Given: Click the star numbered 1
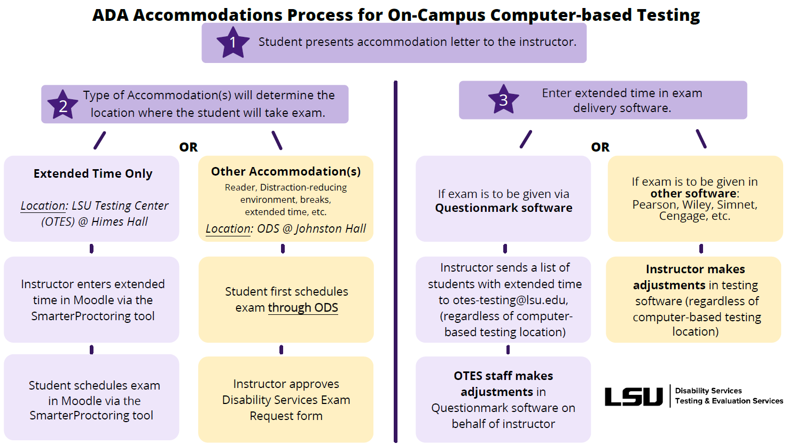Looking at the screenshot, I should (x=232, y=43).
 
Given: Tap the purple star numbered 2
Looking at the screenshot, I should (x=63, y=105).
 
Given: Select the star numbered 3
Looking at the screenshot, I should (x=503, y=99).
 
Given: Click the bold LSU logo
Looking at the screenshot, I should (x=633, y=397).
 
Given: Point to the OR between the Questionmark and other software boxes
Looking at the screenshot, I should (x=600, y=147).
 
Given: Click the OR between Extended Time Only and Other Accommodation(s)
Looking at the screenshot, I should (x=188, y=147).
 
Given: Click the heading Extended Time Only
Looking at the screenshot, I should (x=92, y=173).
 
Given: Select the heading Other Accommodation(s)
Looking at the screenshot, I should (x=286, y=171).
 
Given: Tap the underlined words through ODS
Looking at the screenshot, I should (x=302, y=308).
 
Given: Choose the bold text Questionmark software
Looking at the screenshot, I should (x=503, y=208).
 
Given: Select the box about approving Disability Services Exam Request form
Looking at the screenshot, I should (x=286, y=400).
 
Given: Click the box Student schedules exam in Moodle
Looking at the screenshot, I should (x=91, y=400).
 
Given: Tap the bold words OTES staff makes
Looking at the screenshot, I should (x=503, y=376).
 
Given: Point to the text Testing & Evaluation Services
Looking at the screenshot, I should (x=729, y=401).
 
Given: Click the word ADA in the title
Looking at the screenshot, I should (x=111, y=15).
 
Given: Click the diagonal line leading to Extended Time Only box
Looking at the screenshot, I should (x=99, y=140).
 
